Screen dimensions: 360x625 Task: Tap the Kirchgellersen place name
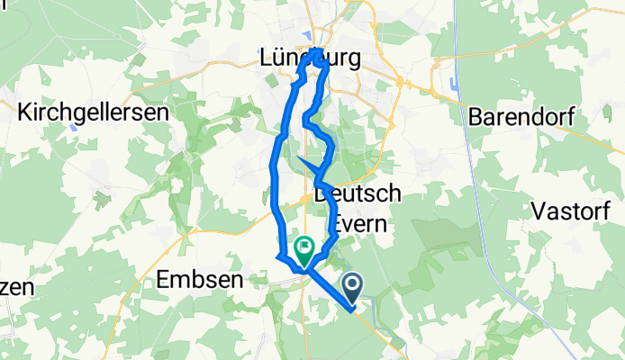pos(95,112)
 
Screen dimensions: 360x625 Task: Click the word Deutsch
pos(357,194)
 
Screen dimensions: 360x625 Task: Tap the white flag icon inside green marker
pos(304,243)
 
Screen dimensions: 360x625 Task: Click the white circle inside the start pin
pos(351,285)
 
